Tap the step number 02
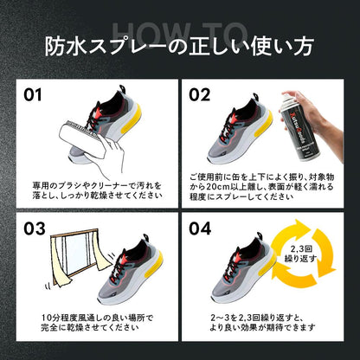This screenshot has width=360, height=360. (x=201, y=91)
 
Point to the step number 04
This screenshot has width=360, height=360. (x=201, y=228)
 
